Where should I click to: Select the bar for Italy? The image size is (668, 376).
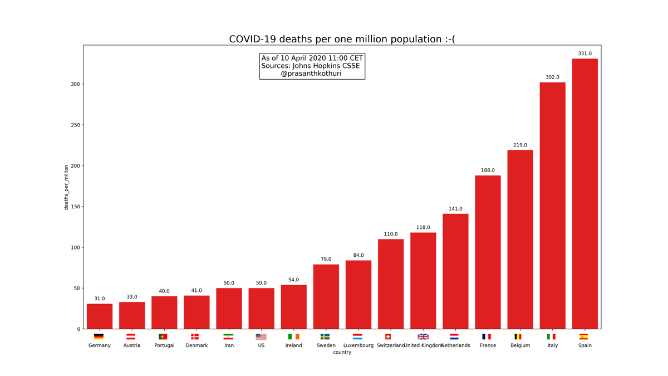[552, 206]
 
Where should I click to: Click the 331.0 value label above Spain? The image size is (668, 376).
[584, 54]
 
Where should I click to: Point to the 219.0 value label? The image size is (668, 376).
[520, 145]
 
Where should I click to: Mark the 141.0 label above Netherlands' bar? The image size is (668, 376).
[455, 209]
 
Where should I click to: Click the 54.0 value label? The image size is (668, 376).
[293, 280]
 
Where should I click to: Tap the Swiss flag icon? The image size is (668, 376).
[388, 336]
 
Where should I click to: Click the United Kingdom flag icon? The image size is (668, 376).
[423, 336]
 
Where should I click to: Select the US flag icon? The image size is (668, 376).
[261, 336]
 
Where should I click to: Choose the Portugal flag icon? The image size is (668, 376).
[163, 336]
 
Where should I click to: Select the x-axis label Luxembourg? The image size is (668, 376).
[358, 345]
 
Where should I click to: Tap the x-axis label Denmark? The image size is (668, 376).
[197, 345]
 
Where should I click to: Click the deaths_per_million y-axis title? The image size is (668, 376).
[66, 187]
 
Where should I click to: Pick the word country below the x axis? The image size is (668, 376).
[342, 353]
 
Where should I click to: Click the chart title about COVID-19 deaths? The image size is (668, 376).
[342, 40]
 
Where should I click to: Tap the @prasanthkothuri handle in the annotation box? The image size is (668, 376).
[311, 74]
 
